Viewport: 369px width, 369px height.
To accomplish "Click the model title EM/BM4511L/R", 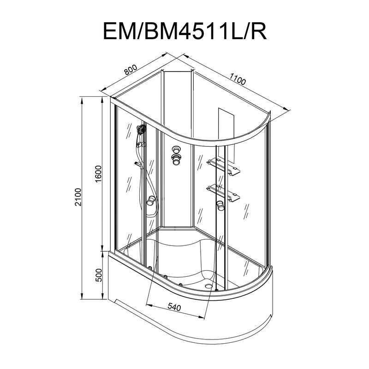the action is (x=185, y=30).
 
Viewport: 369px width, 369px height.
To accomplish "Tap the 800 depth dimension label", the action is (x=131, y=70).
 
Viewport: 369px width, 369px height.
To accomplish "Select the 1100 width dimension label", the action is (x=238, y=79).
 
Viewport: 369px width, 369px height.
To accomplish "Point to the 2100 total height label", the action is (x=78, y=197).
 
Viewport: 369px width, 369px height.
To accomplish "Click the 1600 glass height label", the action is (x=98, y=174).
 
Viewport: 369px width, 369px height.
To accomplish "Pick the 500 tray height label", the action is (x=99, y=275).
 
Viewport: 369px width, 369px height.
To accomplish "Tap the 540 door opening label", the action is (x=174, y=307).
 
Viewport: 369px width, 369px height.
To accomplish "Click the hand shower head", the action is (x=141, y=129).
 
